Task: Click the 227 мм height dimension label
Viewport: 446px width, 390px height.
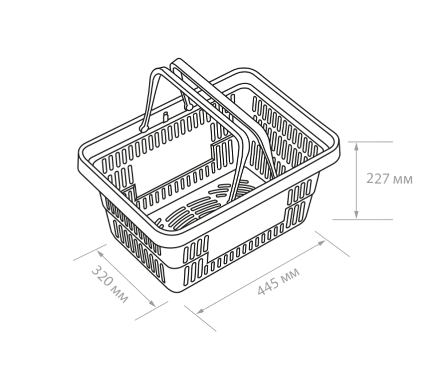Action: [x=389, y=179]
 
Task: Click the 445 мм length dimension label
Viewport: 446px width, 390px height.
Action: [x=279, y=282]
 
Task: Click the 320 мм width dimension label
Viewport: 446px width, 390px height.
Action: [x=110, y=285]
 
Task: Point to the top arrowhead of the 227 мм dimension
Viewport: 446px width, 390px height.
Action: [x=356, y=146]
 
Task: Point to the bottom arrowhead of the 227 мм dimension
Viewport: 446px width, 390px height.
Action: [x=356, y=215]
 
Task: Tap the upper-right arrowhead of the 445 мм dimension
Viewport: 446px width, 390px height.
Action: [x=321, y=243]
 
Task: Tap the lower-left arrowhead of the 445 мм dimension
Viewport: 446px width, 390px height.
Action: [x=200, y=311]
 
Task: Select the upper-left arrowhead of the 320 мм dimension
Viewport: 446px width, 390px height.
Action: [x=100, y=253]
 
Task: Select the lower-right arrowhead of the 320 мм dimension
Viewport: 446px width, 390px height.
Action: [x=152, y=304]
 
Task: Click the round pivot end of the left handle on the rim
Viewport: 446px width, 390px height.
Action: [x=144, y=129]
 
